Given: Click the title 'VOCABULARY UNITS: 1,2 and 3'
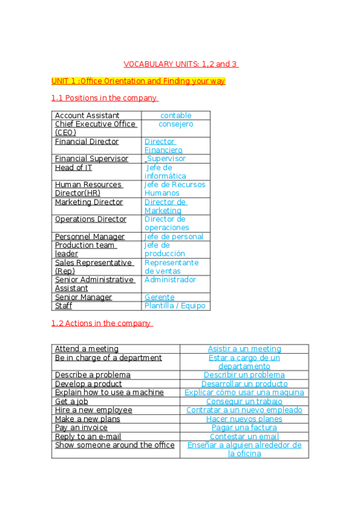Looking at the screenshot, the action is [181, 64].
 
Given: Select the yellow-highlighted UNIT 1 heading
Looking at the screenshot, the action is [138, 81].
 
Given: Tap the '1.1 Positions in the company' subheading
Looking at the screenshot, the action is [105, 98].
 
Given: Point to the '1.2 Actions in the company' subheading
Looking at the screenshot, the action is [102, 324].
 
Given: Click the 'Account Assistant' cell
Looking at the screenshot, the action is [87, 115].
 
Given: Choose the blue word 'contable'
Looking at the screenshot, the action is [176, 115].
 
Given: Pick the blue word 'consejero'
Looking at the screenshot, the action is [176, 124].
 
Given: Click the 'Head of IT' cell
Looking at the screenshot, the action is [73, 168].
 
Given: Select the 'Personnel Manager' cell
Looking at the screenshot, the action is [90, 237].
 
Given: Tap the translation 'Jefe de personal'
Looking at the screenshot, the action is [174, 237].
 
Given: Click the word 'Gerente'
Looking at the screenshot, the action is [159, 297].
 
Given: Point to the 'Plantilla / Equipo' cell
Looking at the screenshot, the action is [175, 306].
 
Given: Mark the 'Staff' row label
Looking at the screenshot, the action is [64, 306].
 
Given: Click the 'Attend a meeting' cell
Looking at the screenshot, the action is [87, 349].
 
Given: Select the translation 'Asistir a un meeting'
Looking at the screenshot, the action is [244, 349].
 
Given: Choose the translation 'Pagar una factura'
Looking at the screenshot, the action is [244, 428].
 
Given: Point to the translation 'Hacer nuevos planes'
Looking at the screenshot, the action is [244, 419].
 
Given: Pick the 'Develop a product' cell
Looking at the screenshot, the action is [88, 384].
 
